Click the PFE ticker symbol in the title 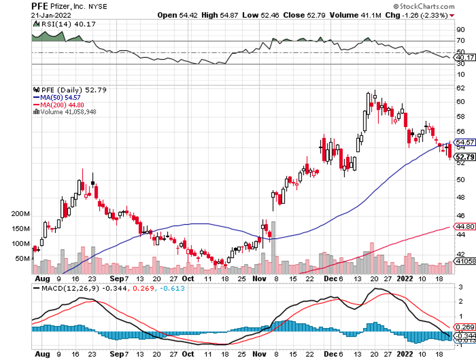point(41,6)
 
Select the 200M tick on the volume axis point(21,214)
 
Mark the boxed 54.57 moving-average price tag point(465,142)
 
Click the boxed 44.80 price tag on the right point(465,227)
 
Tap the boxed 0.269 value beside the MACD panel point(465,327)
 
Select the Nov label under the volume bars point(259,279)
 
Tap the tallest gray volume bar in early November point(273,248)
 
